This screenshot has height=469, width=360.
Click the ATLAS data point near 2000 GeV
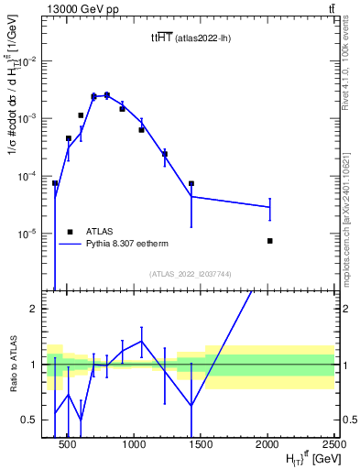(269, 241)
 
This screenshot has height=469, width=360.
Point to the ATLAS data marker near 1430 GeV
(191, 183)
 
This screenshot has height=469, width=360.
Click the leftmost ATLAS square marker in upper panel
(55, 183)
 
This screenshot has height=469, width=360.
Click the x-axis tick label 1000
(134, 444)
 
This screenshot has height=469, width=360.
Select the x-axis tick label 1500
(201, 444)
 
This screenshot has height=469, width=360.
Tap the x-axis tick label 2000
(267, 444)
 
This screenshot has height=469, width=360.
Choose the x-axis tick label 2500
(332, 444)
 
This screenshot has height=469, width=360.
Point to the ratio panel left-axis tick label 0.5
(29, 420)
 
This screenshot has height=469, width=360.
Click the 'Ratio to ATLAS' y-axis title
(12, 365)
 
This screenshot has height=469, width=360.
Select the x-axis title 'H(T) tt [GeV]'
(292, 458)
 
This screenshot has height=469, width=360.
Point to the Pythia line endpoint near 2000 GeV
(269, 207)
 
